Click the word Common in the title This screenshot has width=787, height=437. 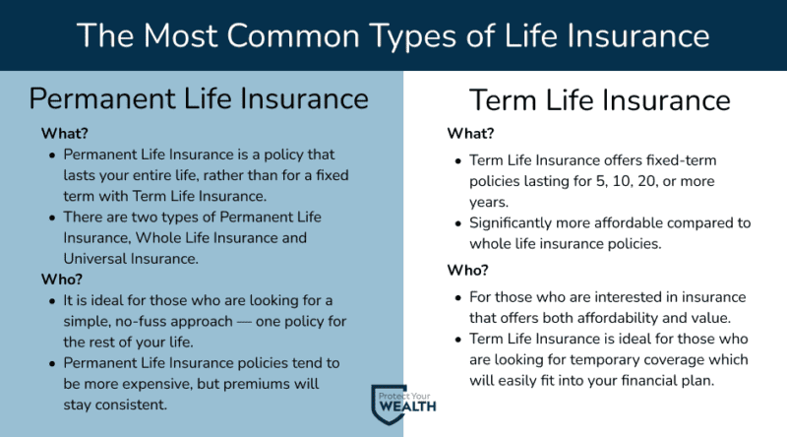click(292, 35)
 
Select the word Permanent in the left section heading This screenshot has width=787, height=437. click(102, 98)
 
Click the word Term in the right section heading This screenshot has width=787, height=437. click(504, 100)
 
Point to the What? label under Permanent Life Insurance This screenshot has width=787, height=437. click(64, 133)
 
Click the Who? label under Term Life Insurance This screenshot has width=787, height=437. click(467, 271)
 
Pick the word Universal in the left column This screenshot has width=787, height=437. click(94, 259)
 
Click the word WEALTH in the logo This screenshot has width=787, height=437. click(407, 406)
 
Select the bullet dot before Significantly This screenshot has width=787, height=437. click(457, 223)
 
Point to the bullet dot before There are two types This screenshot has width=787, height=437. click(52, 218)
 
